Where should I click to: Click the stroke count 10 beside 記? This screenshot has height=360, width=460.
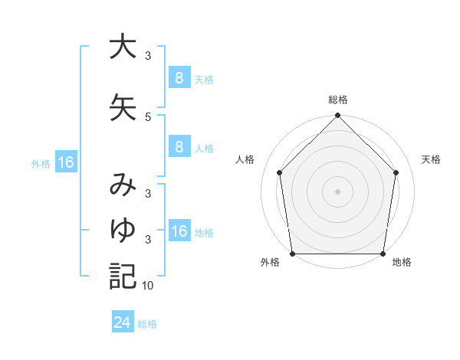click(x=148, y=286)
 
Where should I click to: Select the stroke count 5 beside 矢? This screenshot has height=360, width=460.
click(x=148, y=116)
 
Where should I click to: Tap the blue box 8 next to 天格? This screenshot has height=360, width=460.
click(x=179, y=79)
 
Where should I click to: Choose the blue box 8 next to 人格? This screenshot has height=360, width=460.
click(x=179, y=148)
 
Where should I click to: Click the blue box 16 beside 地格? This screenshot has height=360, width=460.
click(x=179, y=232)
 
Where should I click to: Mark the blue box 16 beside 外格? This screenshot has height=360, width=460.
click(x=65, y=162)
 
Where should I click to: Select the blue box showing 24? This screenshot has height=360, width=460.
click(x=122, y=322)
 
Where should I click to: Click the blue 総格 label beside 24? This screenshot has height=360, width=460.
click(x=147, y=324)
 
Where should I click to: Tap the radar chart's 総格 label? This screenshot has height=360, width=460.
click(x=338, y=100)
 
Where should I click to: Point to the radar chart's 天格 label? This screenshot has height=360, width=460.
click(x=432, y=159)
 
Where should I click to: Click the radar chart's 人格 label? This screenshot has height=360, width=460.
click(x=245, y=159)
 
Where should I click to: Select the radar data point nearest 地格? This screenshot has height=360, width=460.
click(x=383, y=254)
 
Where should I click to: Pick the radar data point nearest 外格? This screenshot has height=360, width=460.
click(x=292, y=254)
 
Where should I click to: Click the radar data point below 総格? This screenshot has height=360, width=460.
click(x=337, y=116)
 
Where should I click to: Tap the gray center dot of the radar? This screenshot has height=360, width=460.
click(x=337, y=191)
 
